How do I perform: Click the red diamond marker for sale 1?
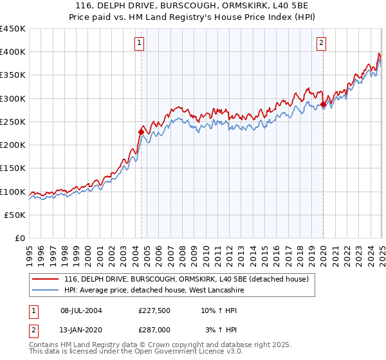(x=141, y=132)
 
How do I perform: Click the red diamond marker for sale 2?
(x=323, y=104)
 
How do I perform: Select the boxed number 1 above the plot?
(x=140, y=44)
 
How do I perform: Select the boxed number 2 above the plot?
(x=321, y=44)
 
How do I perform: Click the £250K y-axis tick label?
(x=13, y=122)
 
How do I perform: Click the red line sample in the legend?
(x=46, y=279)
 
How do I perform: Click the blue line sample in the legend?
(x=46, y=291)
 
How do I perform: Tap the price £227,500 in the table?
(x=154, y=310)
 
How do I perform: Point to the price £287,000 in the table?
(x=154, y=330)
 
